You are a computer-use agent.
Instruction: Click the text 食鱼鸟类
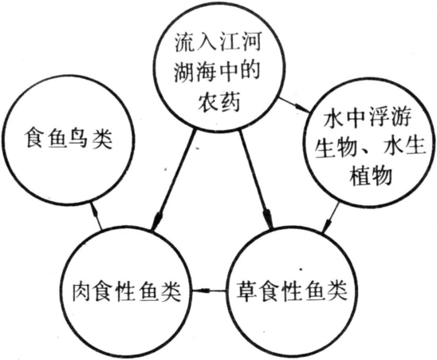pos(68,139)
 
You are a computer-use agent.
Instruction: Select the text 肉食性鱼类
pos(127,292)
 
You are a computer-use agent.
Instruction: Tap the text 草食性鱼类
pos(292,292)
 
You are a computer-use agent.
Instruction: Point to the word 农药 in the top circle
pos(218,102)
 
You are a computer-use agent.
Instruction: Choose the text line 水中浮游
pos(368,117)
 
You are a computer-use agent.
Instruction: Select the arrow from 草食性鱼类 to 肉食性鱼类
pos(210,291)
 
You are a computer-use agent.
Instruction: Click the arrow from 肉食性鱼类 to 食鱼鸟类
pos(96,216)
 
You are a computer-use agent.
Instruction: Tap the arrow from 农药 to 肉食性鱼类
pos(173,180)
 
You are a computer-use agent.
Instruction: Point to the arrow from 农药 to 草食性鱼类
pos(256,180)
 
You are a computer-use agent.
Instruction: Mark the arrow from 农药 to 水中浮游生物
pos(294,105)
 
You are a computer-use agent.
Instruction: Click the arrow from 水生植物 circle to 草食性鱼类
pos(331,216)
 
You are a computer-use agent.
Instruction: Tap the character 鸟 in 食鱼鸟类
pos(80,139)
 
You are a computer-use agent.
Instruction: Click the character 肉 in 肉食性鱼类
pos(83,292)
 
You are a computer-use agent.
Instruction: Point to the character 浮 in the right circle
pos(379,117)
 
